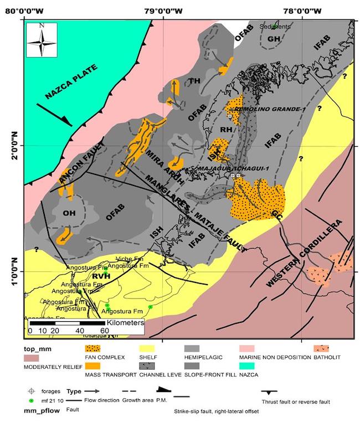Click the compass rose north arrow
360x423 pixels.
click(x=42, y=41)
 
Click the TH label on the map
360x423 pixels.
click(x=194, y=81)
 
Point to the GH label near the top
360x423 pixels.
click(x=273, y=39)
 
